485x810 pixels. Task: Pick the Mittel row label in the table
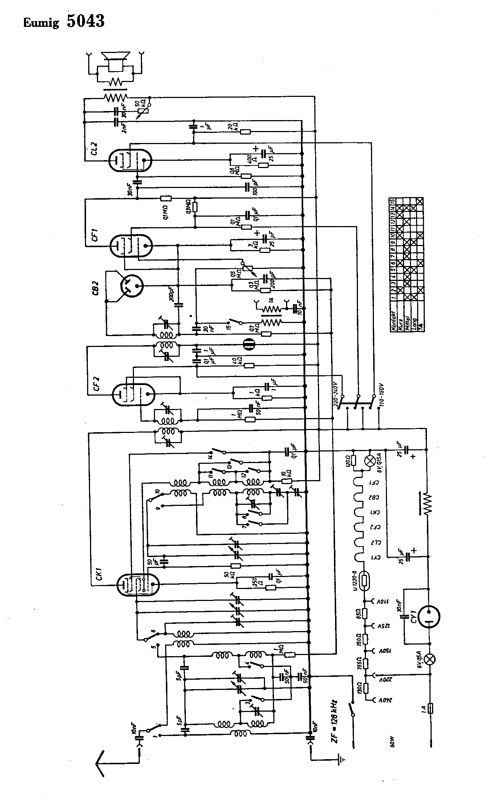(407, 322)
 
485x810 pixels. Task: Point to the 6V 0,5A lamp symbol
(431, 659)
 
